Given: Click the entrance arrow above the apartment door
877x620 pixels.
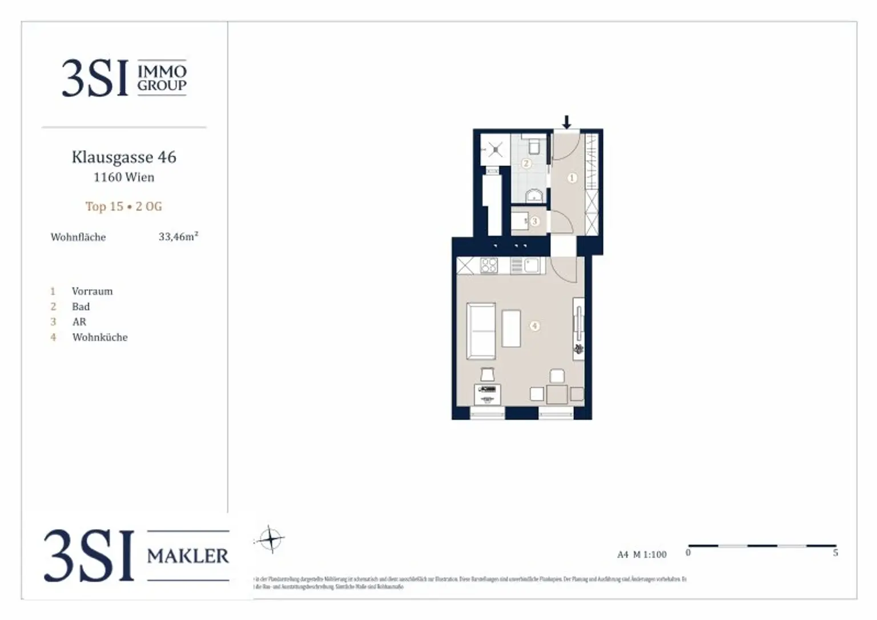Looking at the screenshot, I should (x=566, y=122).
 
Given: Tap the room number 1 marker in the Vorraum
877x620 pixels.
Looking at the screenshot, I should (x=572, y=178).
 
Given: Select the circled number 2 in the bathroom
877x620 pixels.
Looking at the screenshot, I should (x=526, y=164).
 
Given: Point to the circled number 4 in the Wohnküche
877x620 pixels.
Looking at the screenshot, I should (x=534, y=326).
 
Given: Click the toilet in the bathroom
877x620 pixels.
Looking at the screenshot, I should (x=534, y=147).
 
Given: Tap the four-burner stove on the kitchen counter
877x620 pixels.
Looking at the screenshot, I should (x=489, y=265).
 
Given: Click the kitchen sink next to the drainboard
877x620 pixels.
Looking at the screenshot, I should (x=532, y=265).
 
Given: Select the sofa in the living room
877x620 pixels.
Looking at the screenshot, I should (x=481, y=331).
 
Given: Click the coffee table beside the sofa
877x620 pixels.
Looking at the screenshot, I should (x=511, y=328).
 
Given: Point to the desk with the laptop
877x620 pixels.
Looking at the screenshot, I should (x=488, y=394).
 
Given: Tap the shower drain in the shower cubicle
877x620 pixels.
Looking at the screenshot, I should (x=495, y=150).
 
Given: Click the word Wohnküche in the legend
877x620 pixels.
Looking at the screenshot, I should (x=100, y=337).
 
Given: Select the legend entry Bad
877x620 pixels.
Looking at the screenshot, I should (x=81, y=306).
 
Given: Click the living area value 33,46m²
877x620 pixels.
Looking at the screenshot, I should (x=178, y=237).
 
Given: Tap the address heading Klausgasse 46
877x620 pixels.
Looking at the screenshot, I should (x=124, y=157).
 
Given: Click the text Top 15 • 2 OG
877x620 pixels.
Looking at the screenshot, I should (x=124, y=206).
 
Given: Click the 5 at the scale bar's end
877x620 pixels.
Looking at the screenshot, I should (x=835, y=553).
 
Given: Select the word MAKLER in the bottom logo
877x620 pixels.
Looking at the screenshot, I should (x=188, y=556).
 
